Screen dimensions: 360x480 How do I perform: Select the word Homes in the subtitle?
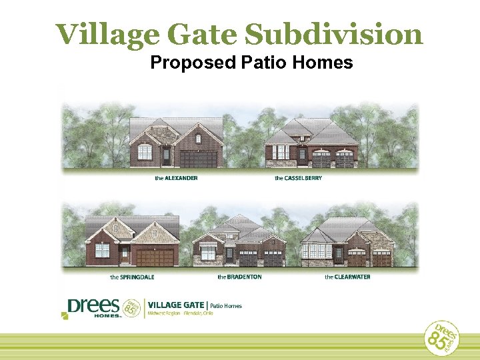(x=324, y=63)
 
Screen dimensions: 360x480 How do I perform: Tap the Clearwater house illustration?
(x=347, y=241)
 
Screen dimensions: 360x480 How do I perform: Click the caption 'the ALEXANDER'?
(x=176, y=179)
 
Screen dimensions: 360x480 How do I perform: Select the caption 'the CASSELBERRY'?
(x=298, y=179)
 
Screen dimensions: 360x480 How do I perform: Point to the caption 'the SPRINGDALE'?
(x=132, y=277)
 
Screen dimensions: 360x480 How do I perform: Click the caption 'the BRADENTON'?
(x=239, y=277)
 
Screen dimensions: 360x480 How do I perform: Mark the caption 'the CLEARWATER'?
(x=347, y=277)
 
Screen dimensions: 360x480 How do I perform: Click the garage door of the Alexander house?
(x=199, y=159)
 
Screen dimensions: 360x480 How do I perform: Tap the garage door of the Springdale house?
(x=155, y=257)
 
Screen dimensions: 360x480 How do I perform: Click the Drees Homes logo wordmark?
(x=93, y=307)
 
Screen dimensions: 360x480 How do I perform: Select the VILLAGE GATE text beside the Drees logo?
(x=176, y=305)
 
